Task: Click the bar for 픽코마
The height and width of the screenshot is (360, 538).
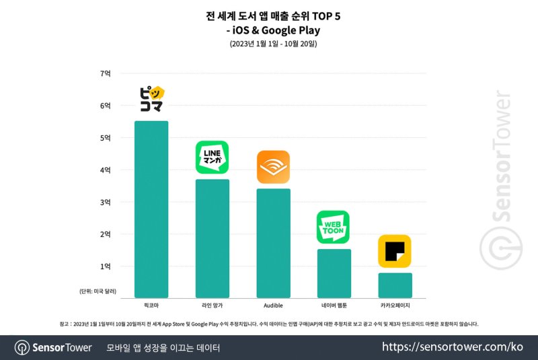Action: click(x=151, y=209)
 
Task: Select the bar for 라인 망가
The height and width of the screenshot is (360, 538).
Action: click(x=212, y=238)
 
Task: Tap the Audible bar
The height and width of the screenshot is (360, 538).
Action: click(x=273, y=243)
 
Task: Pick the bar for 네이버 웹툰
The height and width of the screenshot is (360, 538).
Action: click(x=334, y=273)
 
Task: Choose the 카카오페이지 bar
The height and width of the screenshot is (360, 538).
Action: click(x=395, y=285)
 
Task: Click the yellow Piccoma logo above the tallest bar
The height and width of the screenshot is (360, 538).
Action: click(x=151, y=100)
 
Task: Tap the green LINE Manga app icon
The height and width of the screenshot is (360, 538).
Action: click(x=212, y=157)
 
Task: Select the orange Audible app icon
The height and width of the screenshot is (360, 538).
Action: click(x=273, y=167)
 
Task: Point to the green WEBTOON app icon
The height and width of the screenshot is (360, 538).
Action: click(x=334, y=227)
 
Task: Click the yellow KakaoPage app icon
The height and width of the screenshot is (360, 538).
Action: click(x=395, y=251)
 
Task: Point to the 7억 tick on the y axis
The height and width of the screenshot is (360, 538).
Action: click(x=106, y=73)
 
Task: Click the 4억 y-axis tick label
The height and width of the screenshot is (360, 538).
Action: click(x=106, y=170)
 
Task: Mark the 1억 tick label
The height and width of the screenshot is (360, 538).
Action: click(x=106, y=266)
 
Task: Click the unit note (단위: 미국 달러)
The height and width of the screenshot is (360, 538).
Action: click(x=97, y=291)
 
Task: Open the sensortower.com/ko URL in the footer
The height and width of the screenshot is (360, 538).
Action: click(x=452, y=347)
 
